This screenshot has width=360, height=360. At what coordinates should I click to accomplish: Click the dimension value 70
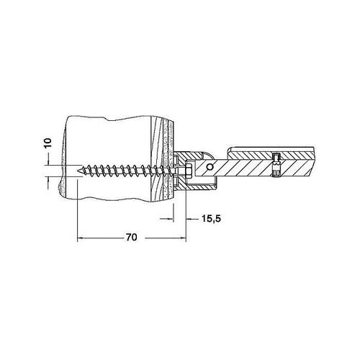tap(132, 237)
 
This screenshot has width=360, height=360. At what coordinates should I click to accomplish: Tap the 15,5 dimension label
tap(211, 219)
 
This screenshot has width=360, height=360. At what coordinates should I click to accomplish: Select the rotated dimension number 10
tap(48, 143)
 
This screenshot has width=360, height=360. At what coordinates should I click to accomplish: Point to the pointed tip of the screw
tap(78, 171)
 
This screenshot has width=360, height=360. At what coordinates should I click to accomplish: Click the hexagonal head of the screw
tap(189, 171)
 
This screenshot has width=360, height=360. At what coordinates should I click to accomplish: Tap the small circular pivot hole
tap(210, 166)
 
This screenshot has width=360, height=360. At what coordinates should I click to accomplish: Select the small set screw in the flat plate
tap(276, 166)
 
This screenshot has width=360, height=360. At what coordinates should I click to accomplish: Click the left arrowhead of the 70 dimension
tap(80, 238)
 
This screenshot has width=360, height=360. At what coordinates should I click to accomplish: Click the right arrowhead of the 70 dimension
tap(184, 238)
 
